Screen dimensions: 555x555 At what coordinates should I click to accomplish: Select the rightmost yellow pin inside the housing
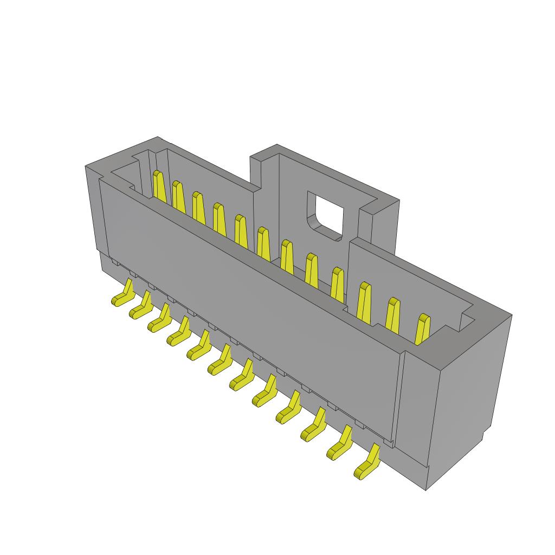pyautogui.click(x=422, y=329)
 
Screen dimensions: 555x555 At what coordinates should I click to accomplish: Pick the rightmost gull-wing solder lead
pyautogui.click(x=367, y=464)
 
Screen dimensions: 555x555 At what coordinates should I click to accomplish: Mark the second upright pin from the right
pyautogui.click(x=394, y=313)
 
